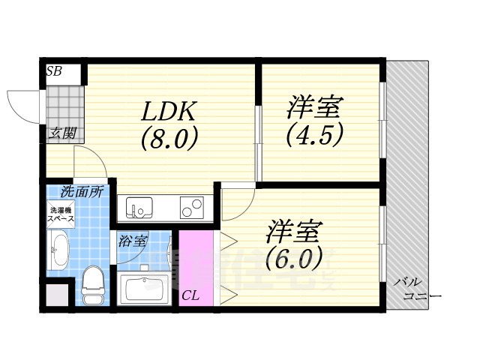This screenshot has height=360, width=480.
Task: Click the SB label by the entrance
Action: click(54, 72)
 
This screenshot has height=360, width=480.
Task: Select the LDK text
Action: click(169, 111)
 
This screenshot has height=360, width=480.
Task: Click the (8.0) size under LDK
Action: click(169, 139)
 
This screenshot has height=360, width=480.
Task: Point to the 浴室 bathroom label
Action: click(133, 241)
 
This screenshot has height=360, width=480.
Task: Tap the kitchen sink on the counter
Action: click(139, 205)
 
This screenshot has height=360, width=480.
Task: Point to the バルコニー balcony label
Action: click(419, 289)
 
